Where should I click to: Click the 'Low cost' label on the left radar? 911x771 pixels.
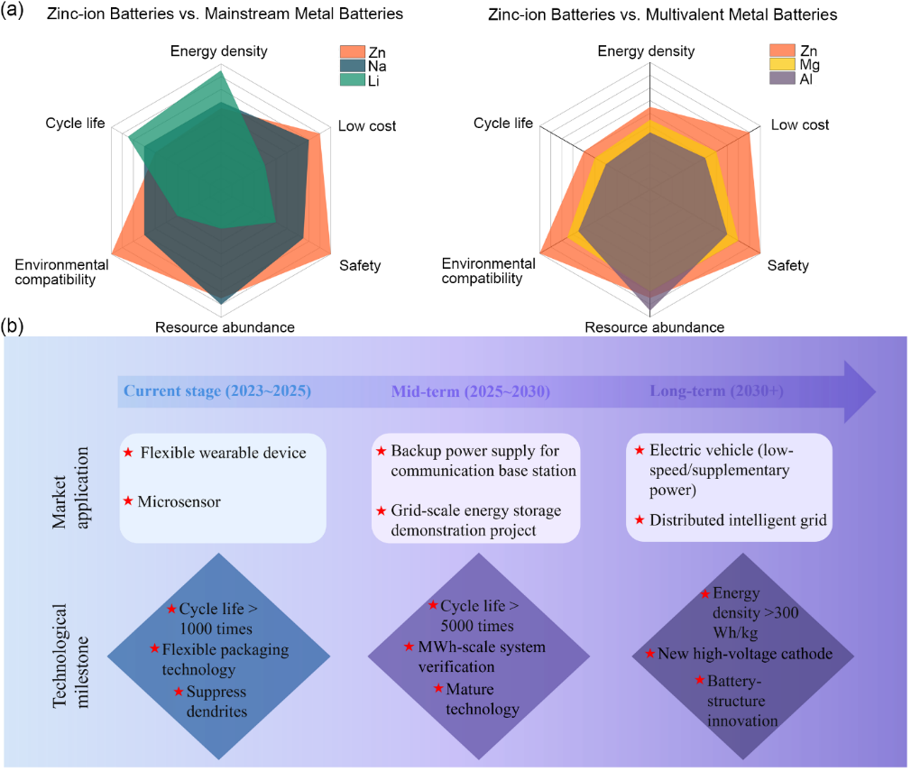point(367,125)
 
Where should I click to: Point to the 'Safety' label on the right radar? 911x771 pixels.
point(787,265)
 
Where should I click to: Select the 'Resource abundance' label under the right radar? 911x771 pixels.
point(654,327)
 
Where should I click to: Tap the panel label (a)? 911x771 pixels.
point(16,12)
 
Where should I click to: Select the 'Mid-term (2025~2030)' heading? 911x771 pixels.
point(471,392)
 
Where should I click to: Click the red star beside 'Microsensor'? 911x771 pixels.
point(128,500)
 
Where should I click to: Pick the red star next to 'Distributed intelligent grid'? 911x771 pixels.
point(640,519)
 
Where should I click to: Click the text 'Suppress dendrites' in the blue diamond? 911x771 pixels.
point(216,701)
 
